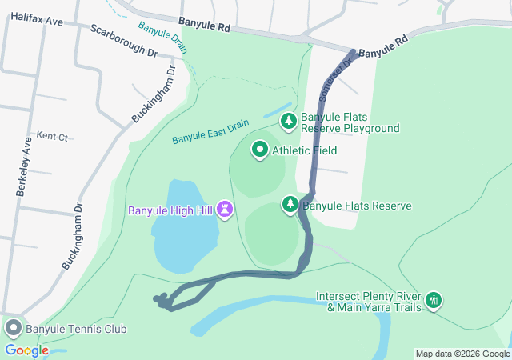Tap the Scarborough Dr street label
pyautogui.click(x=124, y=40)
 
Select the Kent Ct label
pyautogui.click(x=52, y=137)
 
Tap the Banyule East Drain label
pyautogui.click(x=210, y=133)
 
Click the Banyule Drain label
pyautogui.click(x=162, y=37)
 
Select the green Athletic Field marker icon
pyautogui.click(x=260, y=150)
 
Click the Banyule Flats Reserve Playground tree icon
pyautogui.click(x=288, y=122)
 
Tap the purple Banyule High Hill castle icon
pyautogui.click(x=226, y=210)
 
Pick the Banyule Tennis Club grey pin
pyautogui.click(x=13, y=328)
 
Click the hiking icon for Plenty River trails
pyautogui.click(x=434, y=300)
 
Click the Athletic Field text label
pyautogui.click(x=304, y=150)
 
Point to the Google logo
pyautogui.click(x=26, y=350)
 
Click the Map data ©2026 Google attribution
pyautogui.click(x=462, y=354)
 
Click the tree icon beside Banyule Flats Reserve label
pyautogui.click(x=290, y=205)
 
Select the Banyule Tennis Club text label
pyautogui.click(x=76, y=329)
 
